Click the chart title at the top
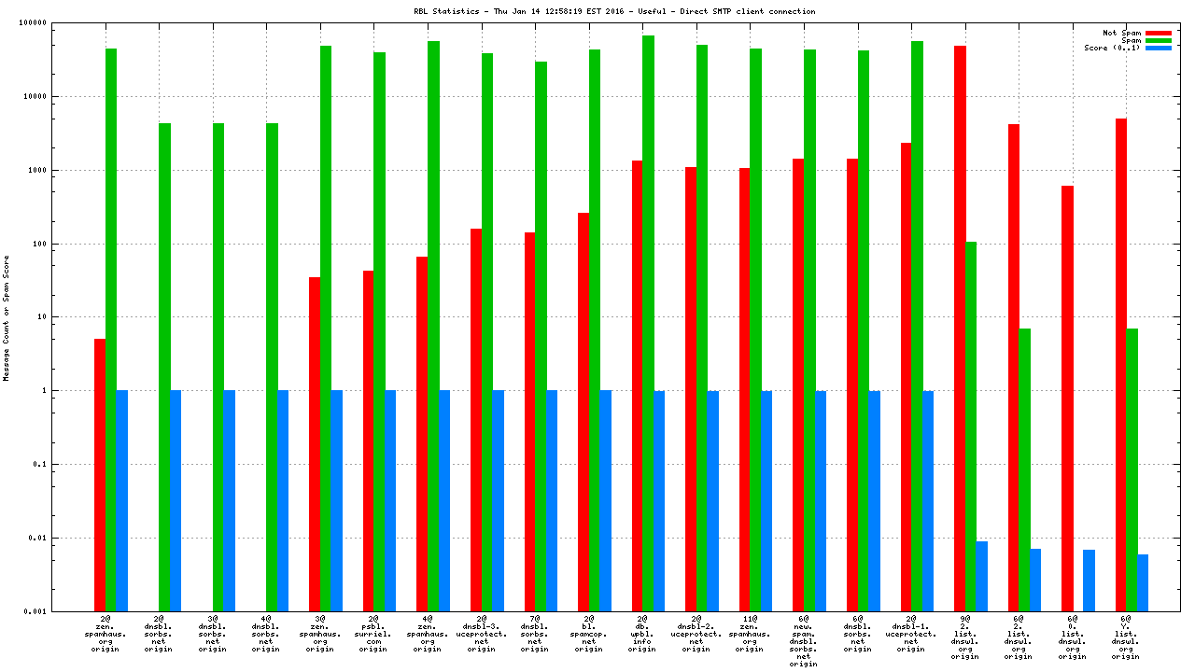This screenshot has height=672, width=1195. point(614,12)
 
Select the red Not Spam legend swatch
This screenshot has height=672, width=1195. point(1159,33)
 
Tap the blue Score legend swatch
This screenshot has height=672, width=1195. point(1159,48)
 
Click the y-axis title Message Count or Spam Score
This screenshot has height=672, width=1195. point(7,317)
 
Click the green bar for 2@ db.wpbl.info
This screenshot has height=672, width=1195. point(648,323)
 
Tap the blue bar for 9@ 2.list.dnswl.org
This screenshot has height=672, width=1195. point(981,576)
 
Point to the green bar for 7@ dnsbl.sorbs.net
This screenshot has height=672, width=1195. point(541,336)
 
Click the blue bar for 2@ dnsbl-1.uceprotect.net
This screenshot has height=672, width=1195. point(928,501)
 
